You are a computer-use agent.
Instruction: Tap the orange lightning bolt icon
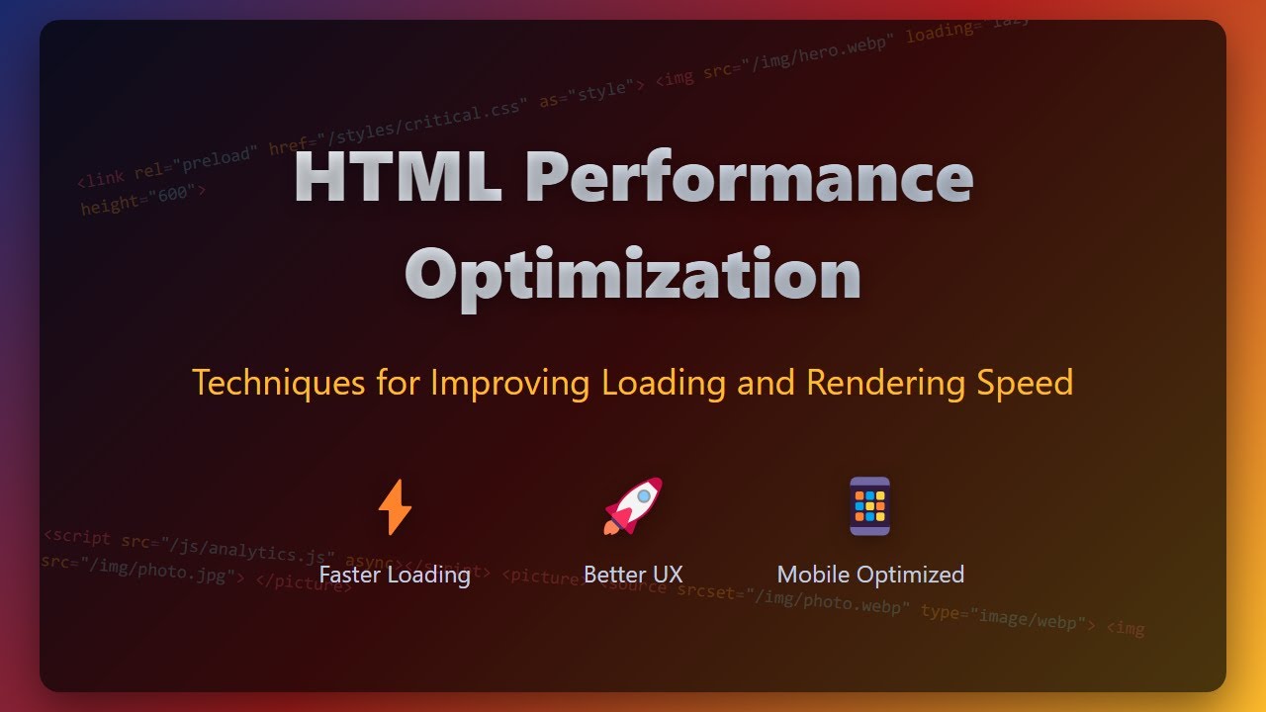(x=395, y=506)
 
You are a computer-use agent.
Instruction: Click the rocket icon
(x=633, y=506)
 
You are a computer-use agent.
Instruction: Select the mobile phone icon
(x=869, y=506)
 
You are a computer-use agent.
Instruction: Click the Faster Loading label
(x=395, y=575)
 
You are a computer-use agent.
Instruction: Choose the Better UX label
(x=633, y=575)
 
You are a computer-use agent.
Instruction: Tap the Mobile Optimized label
(x=870, y=575)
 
